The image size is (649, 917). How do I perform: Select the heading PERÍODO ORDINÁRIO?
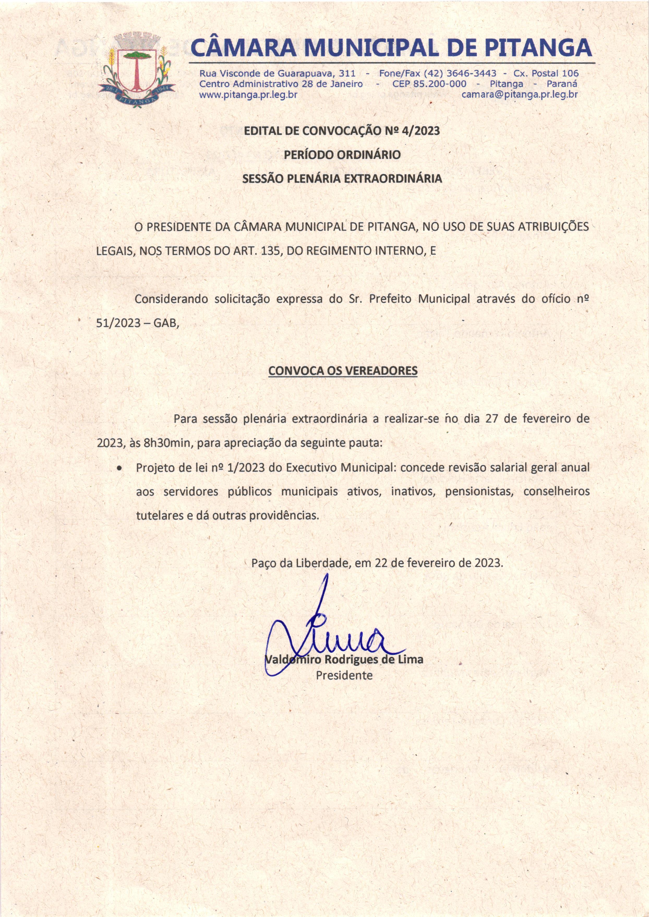pyautogui.click(x=342, y=155)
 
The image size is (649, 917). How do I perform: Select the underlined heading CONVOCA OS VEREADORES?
pyautogui.click(x=342, y=371)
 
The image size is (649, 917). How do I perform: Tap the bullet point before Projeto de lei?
pyautogui.click(x=119, y=468)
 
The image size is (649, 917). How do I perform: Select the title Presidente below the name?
pyautogui.click(x=344, y=676)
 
